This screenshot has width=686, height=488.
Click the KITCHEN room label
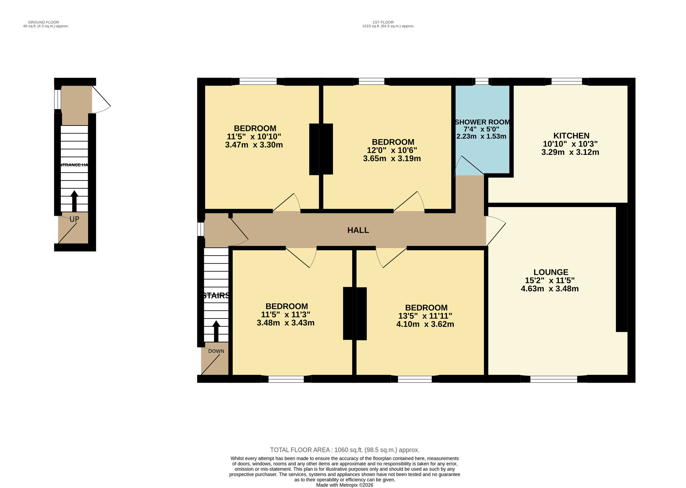pos(571,136)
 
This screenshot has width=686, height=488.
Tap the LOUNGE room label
pos(551,272)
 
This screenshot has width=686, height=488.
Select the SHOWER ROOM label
pos(482,122)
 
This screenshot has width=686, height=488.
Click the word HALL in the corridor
pos(358,230)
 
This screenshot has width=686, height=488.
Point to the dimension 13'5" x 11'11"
pos(425,316)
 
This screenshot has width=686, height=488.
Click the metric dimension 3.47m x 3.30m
pos(254,145)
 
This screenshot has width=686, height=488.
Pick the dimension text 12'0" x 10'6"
pos(392,150)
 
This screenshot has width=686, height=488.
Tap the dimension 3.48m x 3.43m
pos(285,323)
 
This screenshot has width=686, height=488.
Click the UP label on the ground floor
pos(74,219)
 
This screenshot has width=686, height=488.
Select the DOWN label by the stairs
pos(216,351)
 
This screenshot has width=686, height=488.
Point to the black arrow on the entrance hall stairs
pos(74,201)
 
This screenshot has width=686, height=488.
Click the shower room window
pos(482,81)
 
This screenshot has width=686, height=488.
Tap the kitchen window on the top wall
pos(566,81)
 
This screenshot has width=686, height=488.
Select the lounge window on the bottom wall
pos(554,379)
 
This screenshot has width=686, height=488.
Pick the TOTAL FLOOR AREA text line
pos(345,450)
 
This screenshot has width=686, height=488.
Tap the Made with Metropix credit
pos(344,485)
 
